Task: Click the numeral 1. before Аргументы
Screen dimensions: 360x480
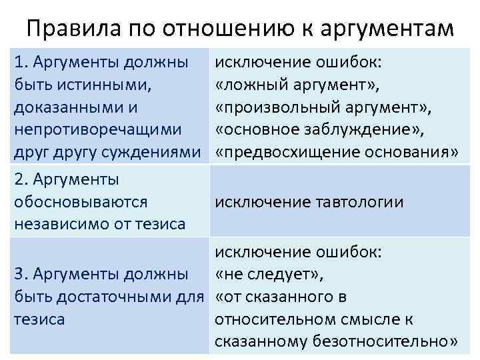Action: click(x=21, y=63)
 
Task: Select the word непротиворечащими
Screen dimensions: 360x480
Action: click(x=92, y=131)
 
